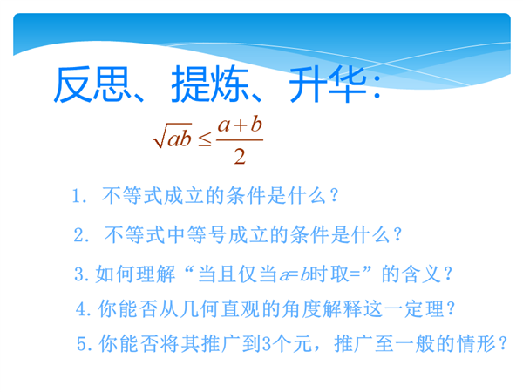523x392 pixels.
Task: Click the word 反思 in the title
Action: tap(92, 84)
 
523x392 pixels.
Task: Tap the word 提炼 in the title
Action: tap(210, 84)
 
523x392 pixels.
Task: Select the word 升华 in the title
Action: tap(328, 84)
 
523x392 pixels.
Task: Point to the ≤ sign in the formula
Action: tap(205, 139)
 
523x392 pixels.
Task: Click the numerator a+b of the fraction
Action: tap(240, 125)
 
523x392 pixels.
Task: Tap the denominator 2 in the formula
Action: tap(240, 156)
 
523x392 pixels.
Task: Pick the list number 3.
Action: tap(81, 274)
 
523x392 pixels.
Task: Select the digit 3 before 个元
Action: tap(268, 344)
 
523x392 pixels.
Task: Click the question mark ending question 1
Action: tap(335, 196)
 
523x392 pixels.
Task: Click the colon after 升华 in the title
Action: tap(377, 86)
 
